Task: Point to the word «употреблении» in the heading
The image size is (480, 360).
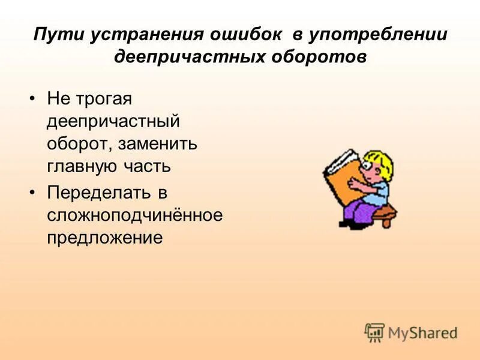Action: (x=379, y=34)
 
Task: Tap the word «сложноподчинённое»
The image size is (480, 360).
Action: (x=134, y=215)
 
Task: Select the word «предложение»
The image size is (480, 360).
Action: (x=105, y=238)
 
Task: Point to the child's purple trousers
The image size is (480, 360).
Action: (x=360, y=210)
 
